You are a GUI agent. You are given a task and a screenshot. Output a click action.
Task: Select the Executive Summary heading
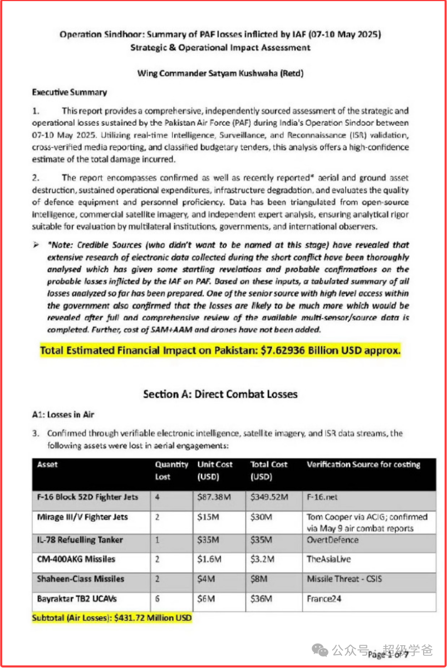click(x=70, y=92)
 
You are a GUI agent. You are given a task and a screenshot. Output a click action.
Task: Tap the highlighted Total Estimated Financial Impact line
click(x=220, y=351)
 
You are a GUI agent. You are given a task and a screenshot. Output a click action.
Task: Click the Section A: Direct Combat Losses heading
click(x=220, y=394)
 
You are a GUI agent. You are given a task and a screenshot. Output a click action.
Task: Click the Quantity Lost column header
click(x=171, y=471)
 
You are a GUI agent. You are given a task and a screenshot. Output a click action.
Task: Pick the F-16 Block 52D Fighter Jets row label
click(x=87, y=497)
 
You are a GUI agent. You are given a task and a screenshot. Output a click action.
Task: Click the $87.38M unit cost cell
click(x=214, y=497)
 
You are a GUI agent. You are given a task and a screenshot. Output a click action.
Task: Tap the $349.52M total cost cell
click(x=269, y=497)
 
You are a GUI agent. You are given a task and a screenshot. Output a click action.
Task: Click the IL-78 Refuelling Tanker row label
click(x=80, y=540)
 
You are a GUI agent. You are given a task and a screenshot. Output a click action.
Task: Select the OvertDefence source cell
click(x=332, y=540)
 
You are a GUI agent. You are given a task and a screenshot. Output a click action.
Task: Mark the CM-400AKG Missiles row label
click(x=76, y=559)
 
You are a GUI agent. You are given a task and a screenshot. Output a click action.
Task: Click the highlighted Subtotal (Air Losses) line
click(x=112, y=618)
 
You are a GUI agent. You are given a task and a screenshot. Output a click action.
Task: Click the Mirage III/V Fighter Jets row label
click(x=82, y=517)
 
